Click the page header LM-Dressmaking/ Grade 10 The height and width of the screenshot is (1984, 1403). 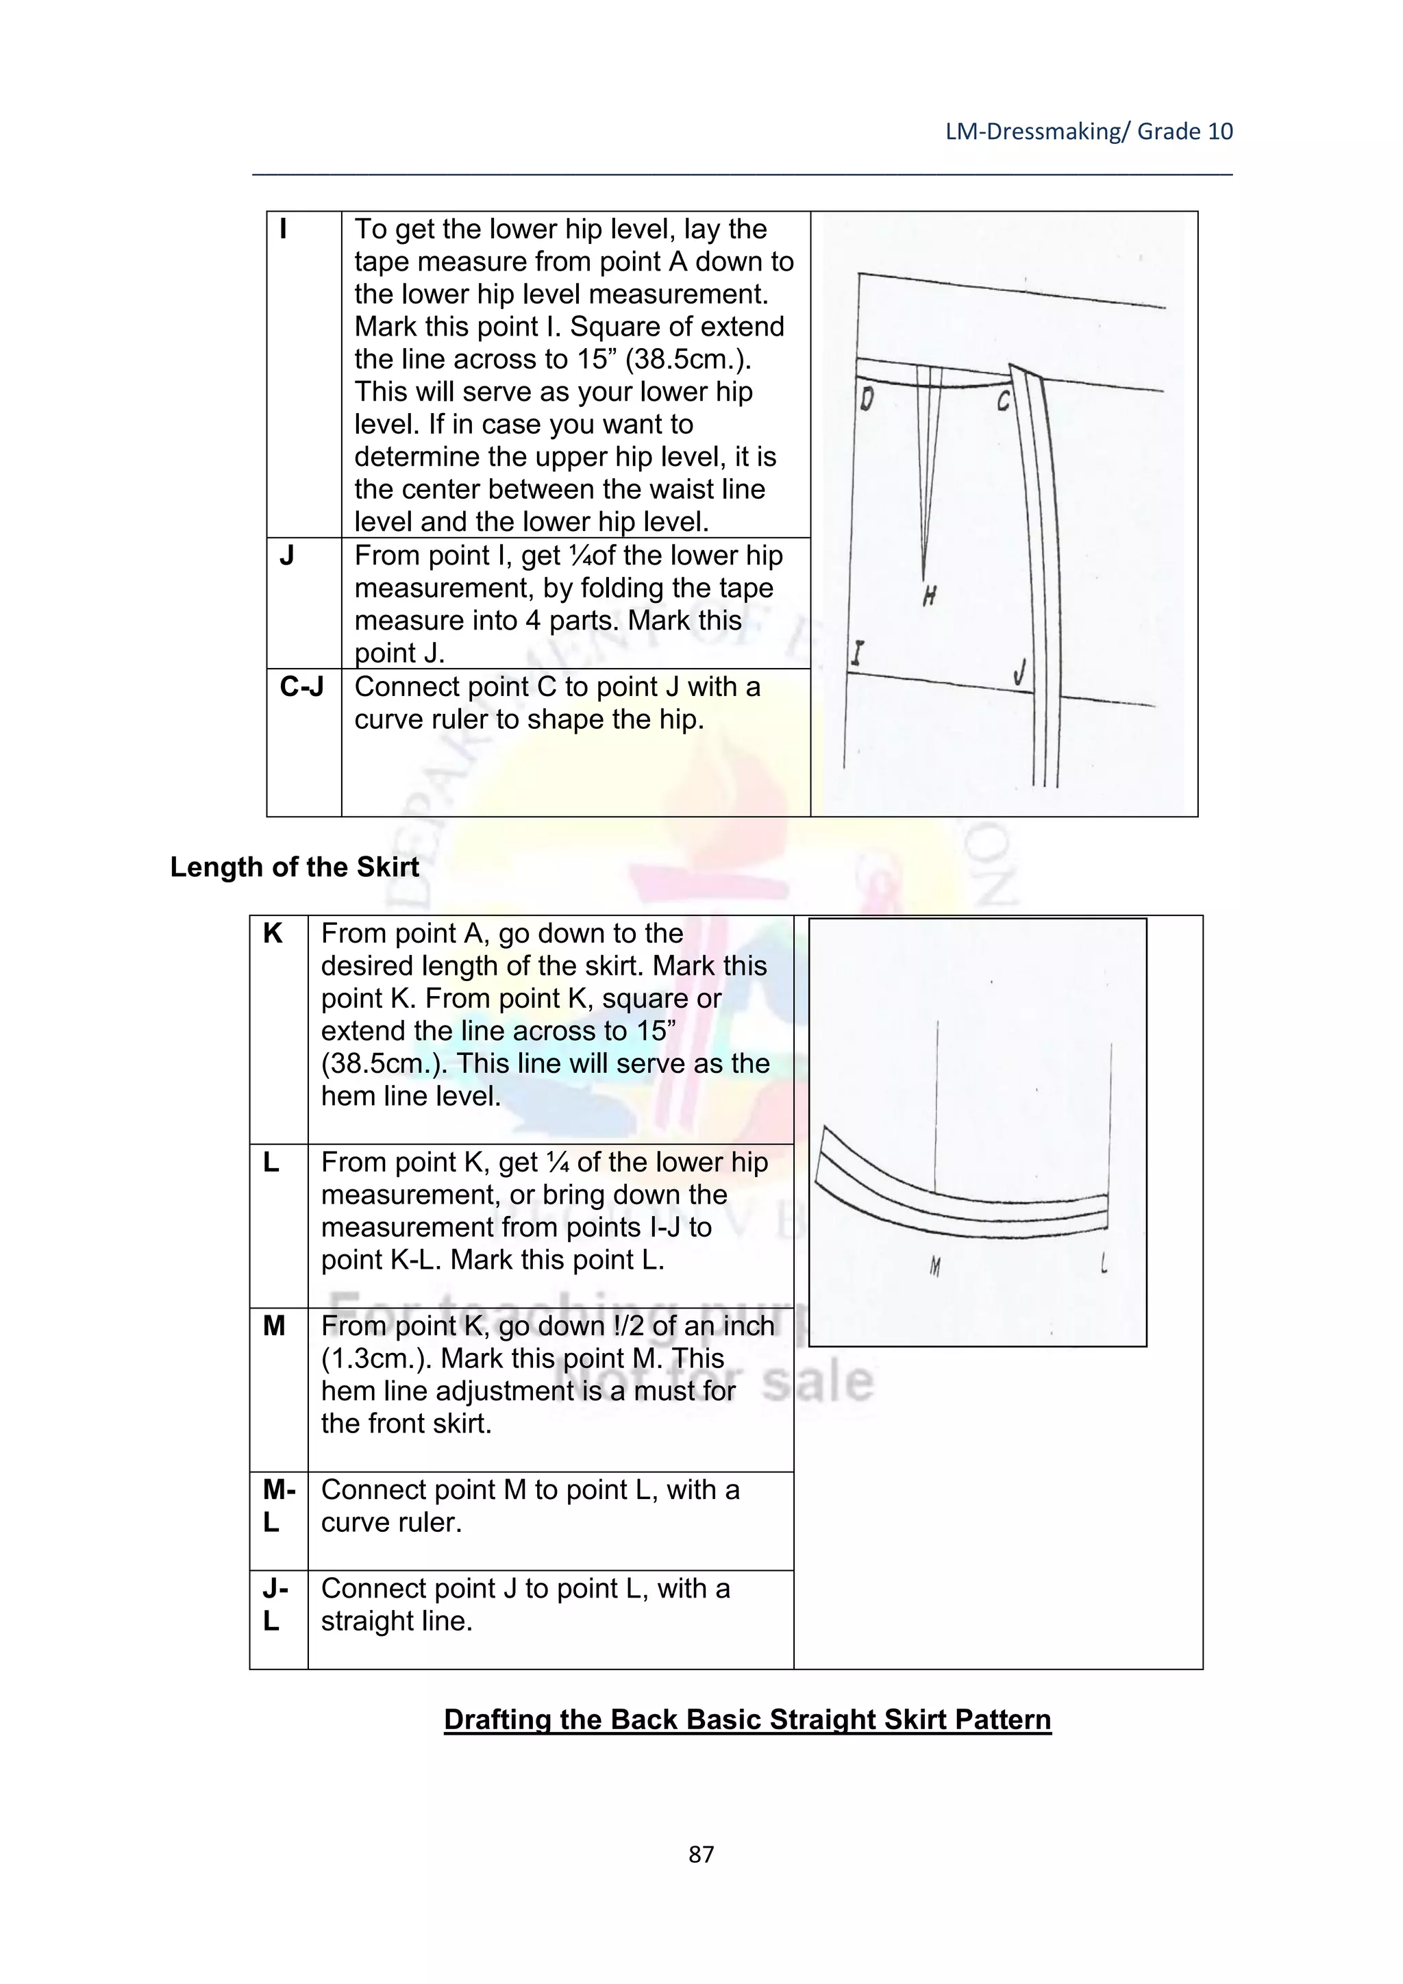(x=1089, y=132)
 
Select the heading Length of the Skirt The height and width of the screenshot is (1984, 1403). (x=295, y=867)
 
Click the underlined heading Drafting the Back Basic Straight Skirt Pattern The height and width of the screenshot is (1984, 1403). (x=747, y=1720)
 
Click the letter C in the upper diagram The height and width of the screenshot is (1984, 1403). (x=1003, y=401)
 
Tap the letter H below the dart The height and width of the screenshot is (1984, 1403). (x=929, y=595)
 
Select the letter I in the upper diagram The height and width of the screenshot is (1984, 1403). (x=856, y=654)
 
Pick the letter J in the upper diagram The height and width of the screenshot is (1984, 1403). (x=1020, y=671)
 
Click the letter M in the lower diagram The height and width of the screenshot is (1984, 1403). (x=934, y=1267)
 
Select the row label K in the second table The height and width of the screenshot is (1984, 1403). (x=273, y=934)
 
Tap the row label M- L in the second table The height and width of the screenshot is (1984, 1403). (x=278, y=1505)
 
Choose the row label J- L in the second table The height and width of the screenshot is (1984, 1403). (x=275, y=1604)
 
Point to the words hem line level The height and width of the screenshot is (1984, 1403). (x=411, y=1095)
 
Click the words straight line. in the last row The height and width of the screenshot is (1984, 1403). (x=397, y=1620)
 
